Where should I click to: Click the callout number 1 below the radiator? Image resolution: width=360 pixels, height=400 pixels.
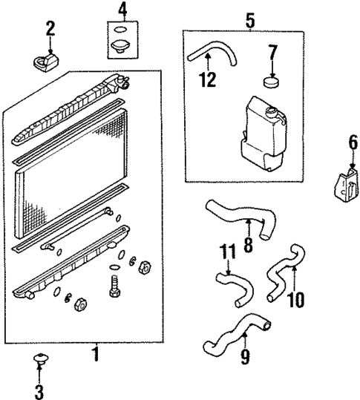(x=94, y=354)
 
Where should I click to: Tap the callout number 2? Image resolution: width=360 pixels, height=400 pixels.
(x=50, y=29)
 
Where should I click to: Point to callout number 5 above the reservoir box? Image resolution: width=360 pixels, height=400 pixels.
(x=249, y=20)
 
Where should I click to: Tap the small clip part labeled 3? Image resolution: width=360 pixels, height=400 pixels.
(x=40, y=363)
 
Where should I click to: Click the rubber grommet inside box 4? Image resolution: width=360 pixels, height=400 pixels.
(x=118, y=49)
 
